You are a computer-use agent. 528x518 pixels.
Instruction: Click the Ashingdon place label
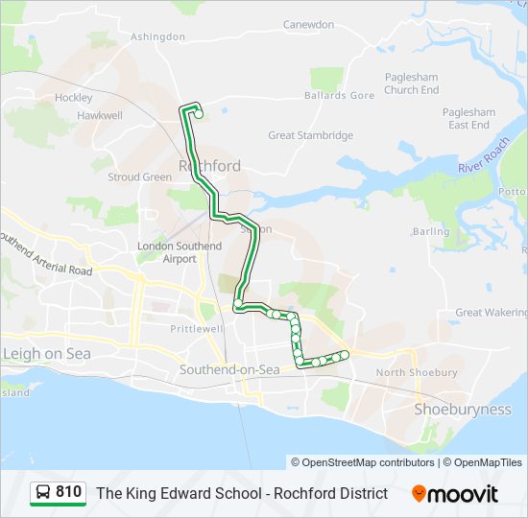[157, 36]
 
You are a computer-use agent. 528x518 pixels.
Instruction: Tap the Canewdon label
[308, 24]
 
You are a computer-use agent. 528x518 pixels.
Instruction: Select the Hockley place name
[74, 98]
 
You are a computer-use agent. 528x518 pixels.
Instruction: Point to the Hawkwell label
[101, 115]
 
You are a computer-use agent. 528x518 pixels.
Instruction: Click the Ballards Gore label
[339, 96]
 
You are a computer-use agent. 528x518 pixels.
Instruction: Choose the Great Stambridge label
[310, 135]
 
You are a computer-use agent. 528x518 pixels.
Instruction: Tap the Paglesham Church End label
[412, 83]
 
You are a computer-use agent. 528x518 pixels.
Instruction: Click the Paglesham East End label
[468, 118]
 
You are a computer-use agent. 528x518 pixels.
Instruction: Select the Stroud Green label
[139, 177]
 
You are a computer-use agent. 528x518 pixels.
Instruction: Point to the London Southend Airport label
[180, 252]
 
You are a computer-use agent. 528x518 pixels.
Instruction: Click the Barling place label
[430, 231]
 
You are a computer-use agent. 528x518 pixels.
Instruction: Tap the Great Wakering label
[491, 312]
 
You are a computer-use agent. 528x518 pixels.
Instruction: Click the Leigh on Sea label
[46, 353]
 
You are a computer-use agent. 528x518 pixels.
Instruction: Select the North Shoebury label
[417, 372]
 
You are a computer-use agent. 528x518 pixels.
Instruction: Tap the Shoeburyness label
[462, 409]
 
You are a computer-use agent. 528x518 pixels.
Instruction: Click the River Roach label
[484, 155]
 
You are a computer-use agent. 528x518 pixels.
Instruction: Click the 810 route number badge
[58, 493]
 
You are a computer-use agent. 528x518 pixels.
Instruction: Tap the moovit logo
[455, 494]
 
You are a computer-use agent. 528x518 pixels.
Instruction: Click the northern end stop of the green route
[199, 115]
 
